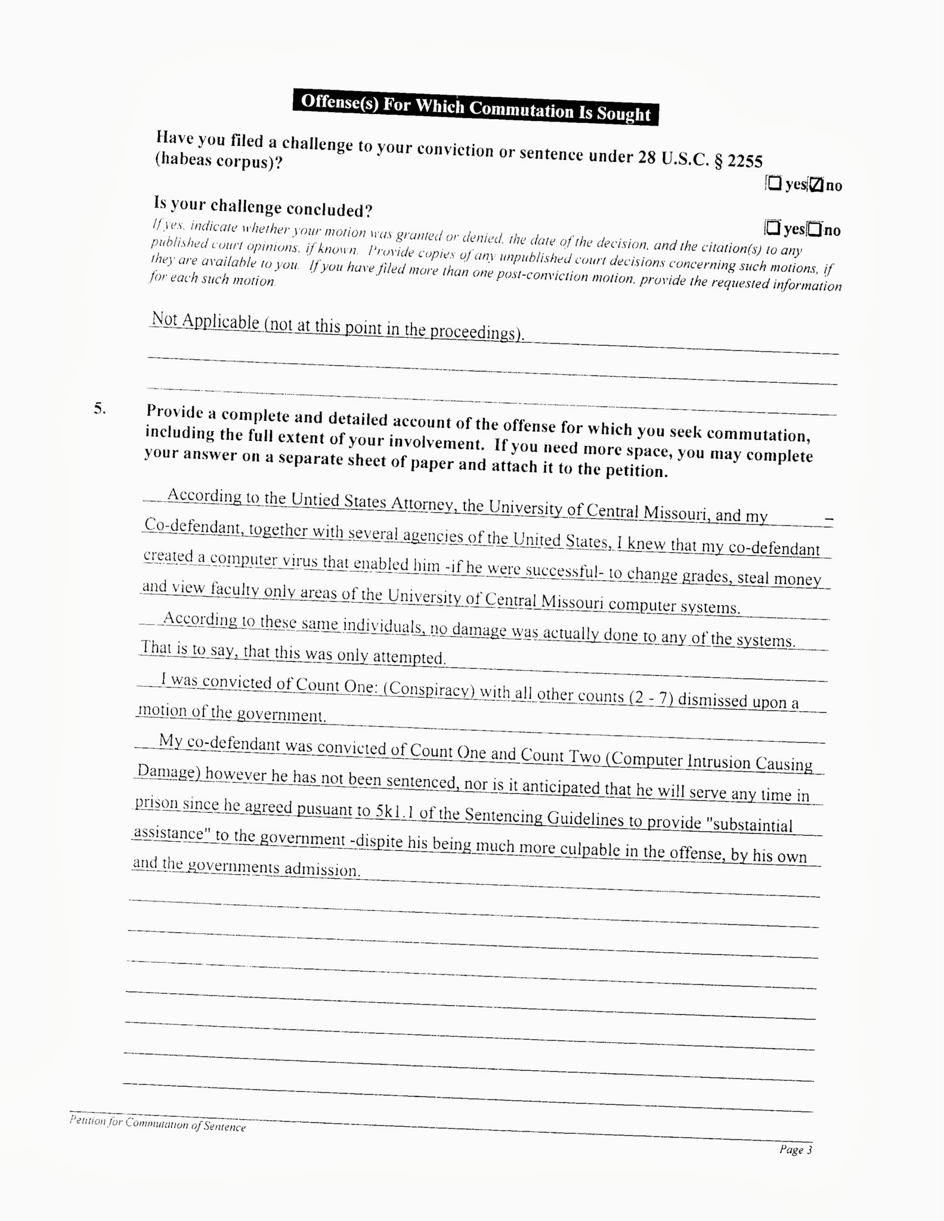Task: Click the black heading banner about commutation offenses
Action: coord(475,107)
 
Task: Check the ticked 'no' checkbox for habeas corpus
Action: coord(817,184)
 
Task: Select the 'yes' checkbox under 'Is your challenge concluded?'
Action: coord(773,227)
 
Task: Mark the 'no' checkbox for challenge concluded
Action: coord(815,229)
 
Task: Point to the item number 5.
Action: coord(100,408)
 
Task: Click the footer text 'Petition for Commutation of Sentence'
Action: coord(157,1123)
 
